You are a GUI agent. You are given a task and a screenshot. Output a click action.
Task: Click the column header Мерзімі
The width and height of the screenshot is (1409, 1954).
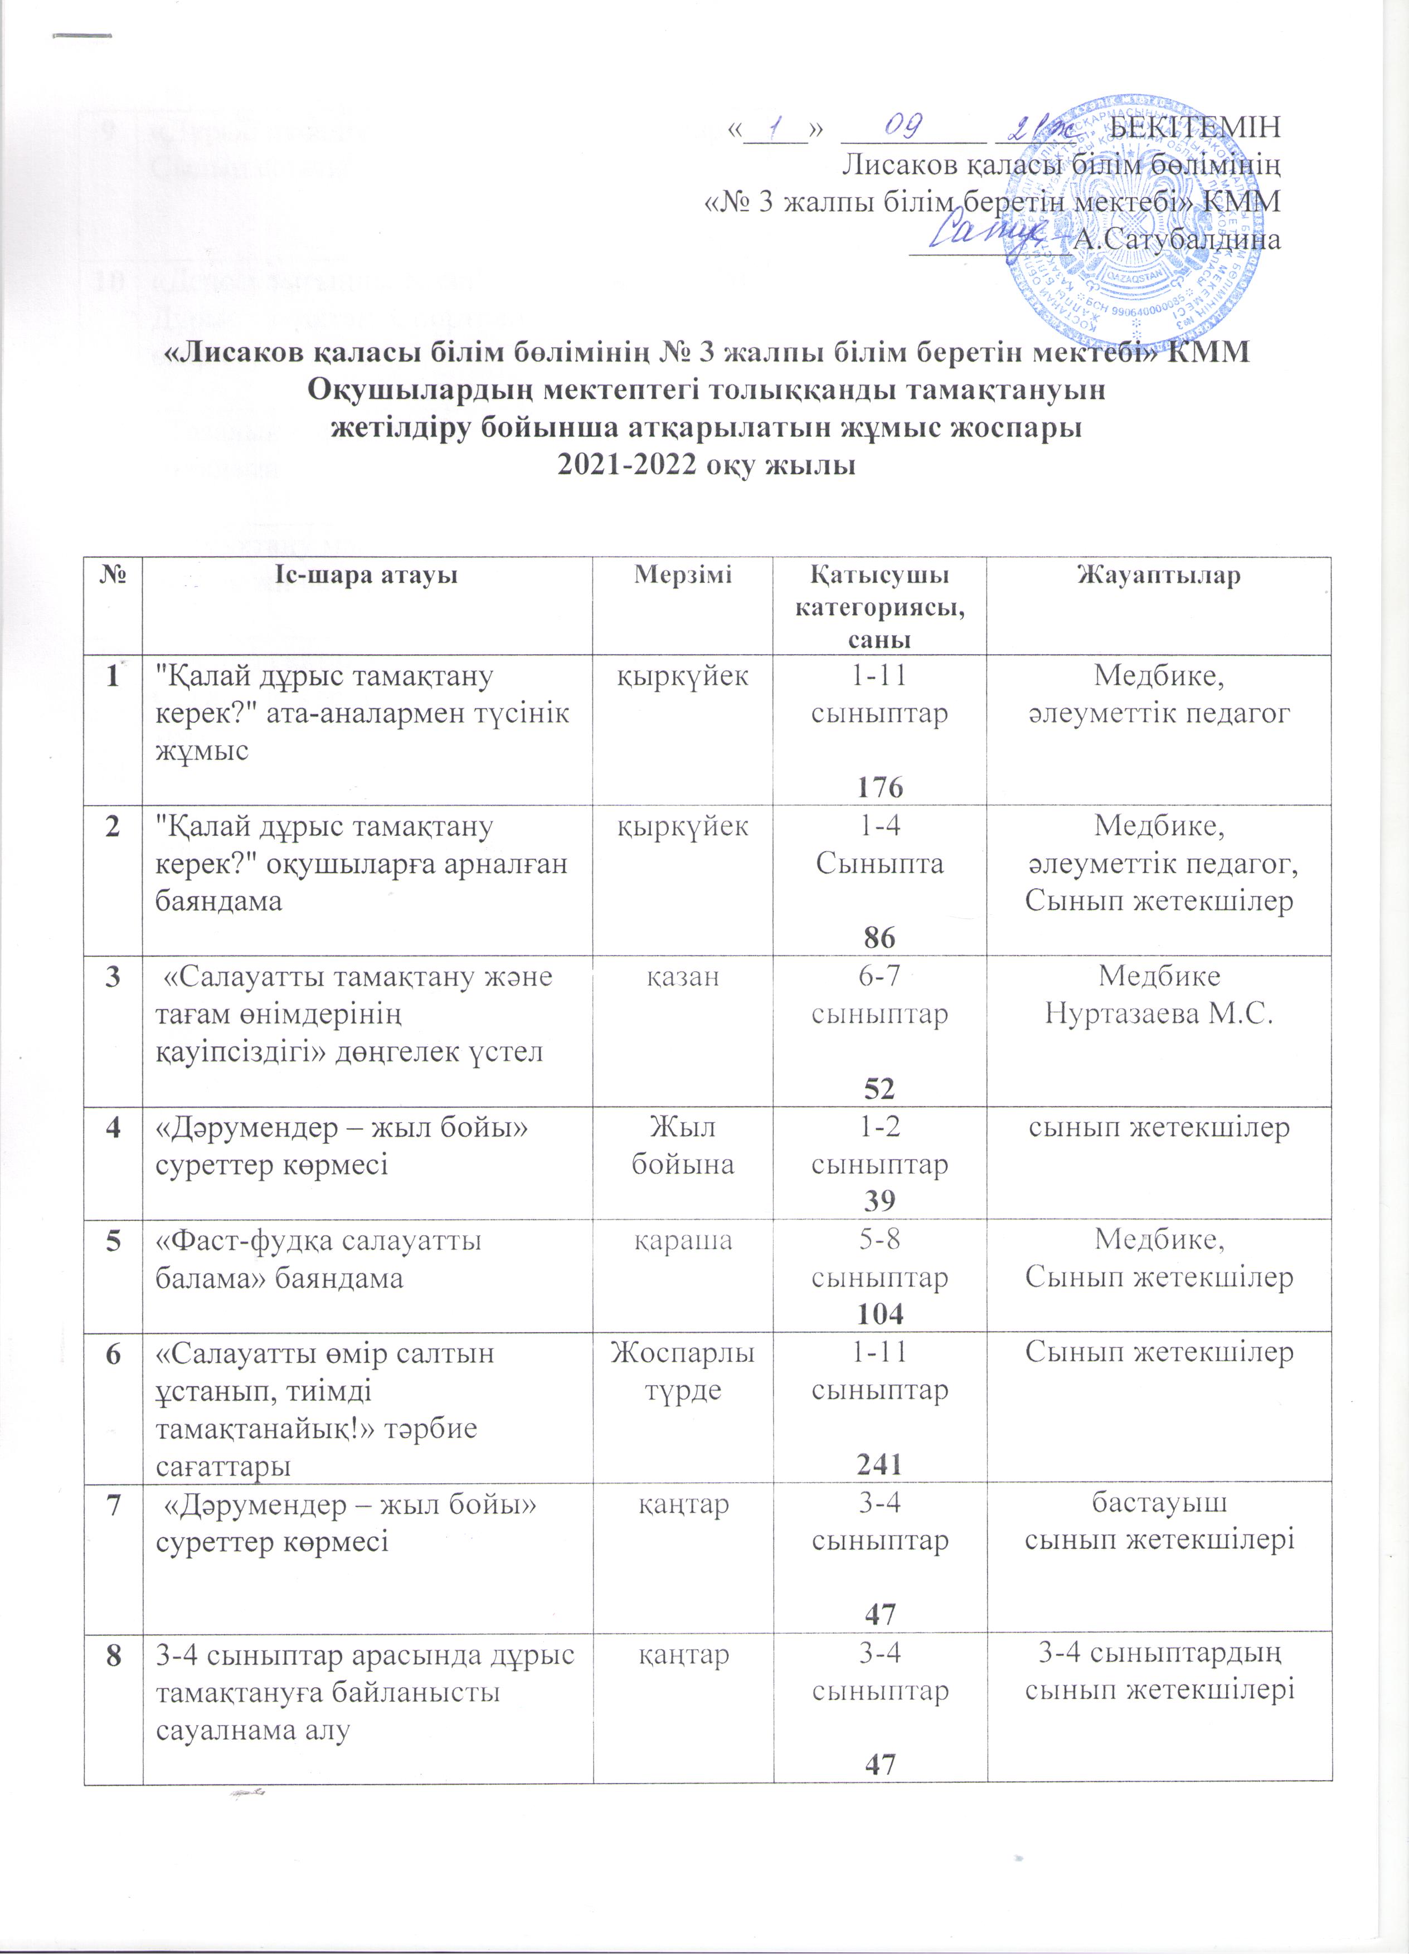(683, 576)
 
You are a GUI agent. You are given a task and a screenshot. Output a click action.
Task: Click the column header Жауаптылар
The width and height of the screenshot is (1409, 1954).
(1158, 576)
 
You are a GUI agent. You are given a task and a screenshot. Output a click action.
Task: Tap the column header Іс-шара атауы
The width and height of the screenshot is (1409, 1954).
(366, 576)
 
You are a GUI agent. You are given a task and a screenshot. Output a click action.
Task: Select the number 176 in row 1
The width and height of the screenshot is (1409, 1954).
(880, 787)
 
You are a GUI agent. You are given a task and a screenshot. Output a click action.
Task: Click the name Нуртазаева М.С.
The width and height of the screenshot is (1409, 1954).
(1158, 1014)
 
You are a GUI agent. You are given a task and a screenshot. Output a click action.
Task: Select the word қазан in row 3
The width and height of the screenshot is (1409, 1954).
(683, 977)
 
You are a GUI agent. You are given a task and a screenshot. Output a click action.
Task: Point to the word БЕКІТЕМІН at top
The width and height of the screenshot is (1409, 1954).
(1193, 128)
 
